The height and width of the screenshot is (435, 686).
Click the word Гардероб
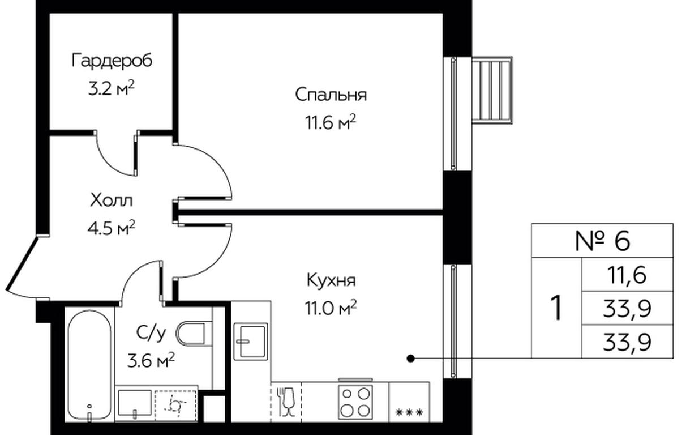pyautogui.click(x=112, y=61)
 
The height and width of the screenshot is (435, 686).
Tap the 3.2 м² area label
pyautogui.click(x=112, y=88)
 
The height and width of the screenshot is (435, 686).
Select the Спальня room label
pyautogui.click(x=331, y=95)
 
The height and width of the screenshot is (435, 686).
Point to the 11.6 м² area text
pyautogui.click(x=331, y=122)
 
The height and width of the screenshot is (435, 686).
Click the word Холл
pyautogui.click(x=112, y=201)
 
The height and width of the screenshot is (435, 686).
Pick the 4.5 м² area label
pyautogui.click(x=112, y=228)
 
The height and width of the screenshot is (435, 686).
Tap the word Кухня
pyautogui.click(x=331, y=280)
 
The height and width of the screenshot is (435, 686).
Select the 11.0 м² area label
pyautogui.click(x=331, y=308)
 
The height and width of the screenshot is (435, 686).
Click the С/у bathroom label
pyautogui.click(x=151, y=333)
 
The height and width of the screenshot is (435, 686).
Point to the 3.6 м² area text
pyautogui.click(x=151, y=360)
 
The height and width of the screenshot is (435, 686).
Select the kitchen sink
pyautogui.click(x=251, y=341)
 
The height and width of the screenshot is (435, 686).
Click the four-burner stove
pyautogui.click(x=355, y=402)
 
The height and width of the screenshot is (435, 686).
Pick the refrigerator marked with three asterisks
pyautogui.click(x=409, y=402)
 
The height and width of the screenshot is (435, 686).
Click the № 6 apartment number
pyautogui.click(x=602, y=241)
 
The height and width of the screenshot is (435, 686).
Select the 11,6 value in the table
pyautogui.click(x=627, y=275)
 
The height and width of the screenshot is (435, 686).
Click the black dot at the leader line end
pyautogui.click(x=411, y=358)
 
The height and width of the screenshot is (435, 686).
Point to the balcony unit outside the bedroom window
pyautogui.click(x=492, y=90)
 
